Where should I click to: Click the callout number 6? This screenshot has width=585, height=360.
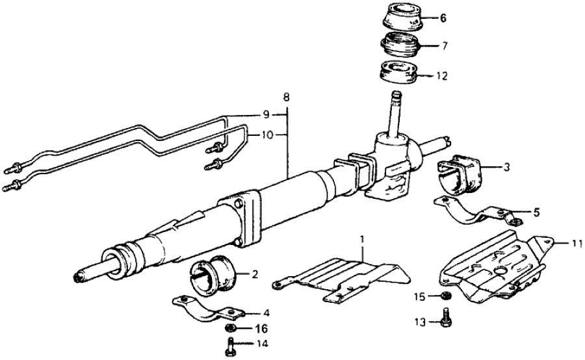click(443, 18)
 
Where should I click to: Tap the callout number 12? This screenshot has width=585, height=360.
click(443, 75)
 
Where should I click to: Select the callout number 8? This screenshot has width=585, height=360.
click(286, 97)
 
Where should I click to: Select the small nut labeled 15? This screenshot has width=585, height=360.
click(445, 298)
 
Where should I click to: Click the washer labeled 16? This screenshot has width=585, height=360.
click(231, 328)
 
